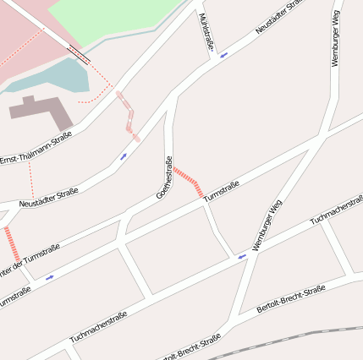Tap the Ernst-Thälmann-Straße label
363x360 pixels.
(36, 147)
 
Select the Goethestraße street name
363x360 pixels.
(164, 178)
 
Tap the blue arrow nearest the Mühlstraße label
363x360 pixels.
(223, 56)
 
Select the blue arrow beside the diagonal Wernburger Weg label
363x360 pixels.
(242, 255)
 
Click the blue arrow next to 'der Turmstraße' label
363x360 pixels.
(49, 276)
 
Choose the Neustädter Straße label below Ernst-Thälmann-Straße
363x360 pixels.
(48, 198)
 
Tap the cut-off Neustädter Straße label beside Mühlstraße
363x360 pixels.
(279, 19)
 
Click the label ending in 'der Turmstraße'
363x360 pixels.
(30, 259)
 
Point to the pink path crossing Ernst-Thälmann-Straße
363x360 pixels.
(128, 114)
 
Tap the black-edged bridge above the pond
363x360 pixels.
(77, 55)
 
